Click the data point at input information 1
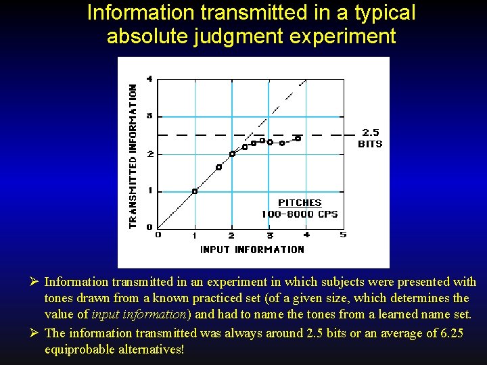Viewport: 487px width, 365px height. coord(195,191)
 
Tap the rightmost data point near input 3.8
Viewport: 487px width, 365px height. coord(298,138)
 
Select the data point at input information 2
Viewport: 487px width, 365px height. coord(232,153)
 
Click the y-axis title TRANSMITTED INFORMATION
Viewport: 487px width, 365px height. coord(133,155)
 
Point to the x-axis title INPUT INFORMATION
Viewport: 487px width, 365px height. coord(252,249)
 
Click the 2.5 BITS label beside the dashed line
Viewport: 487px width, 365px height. coord(370,138)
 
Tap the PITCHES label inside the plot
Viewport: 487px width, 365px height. coord(300,203)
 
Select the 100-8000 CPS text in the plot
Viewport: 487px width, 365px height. coord(300,214)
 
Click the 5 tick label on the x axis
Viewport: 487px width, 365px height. coord(343,235)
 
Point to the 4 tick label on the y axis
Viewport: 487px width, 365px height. coord(149,78)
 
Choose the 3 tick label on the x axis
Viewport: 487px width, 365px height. coord(270,235)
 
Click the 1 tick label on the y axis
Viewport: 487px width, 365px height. coord(149,191)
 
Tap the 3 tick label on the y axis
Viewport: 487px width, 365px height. coord(149,116)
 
